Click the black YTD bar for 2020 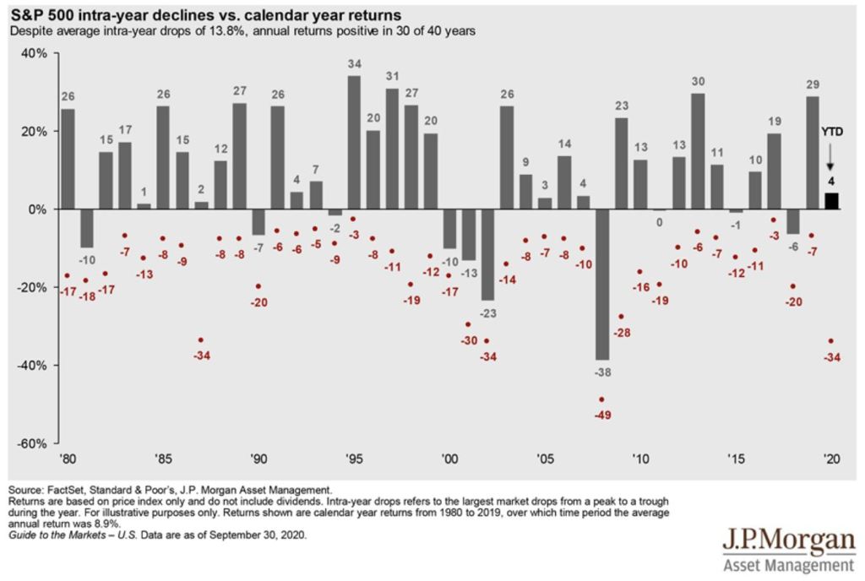point(831,201)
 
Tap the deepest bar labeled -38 point(601,285)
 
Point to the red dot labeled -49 point(601,399)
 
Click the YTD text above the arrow point(830,133)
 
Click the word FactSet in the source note point(63,489)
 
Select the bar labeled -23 point(487,254)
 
